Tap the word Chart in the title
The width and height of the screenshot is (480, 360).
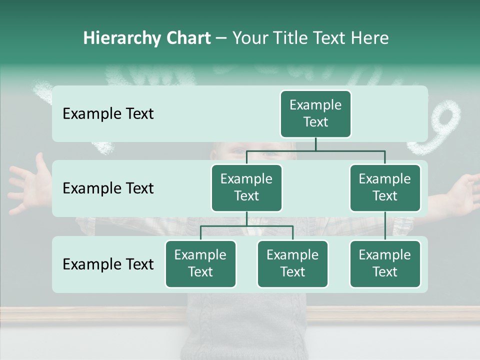(x=186, y=38)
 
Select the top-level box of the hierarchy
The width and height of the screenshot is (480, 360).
(x=315, y=114)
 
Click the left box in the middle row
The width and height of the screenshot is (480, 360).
(x=246, y=188)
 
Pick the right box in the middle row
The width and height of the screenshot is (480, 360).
(x=385, y=188)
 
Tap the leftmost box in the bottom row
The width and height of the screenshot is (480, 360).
(x=200, y=264)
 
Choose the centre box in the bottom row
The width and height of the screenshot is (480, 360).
(x=292, y=264)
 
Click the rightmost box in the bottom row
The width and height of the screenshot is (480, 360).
(x=385, y=264)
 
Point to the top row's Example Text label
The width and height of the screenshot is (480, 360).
(x=108, y=114)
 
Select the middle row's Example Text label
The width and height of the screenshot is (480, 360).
(x=108, y=188)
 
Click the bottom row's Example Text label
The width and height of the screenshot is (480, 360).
(x=108, y=264)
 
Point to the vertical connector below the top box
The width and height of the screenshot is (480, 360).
(x=315, y=144)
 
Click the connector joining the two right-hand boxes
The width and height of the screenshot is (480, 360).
(x=385, y=226)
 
